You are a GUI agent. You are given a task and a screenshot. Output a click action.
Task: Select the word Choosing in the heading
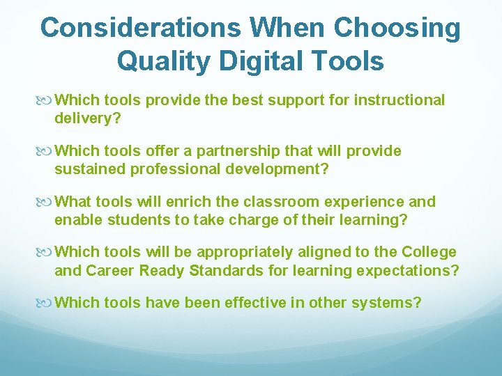[x=397, y=29]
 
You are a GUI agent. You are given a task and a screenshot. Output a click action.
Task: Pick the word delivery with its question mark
[x=88, y=118]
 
